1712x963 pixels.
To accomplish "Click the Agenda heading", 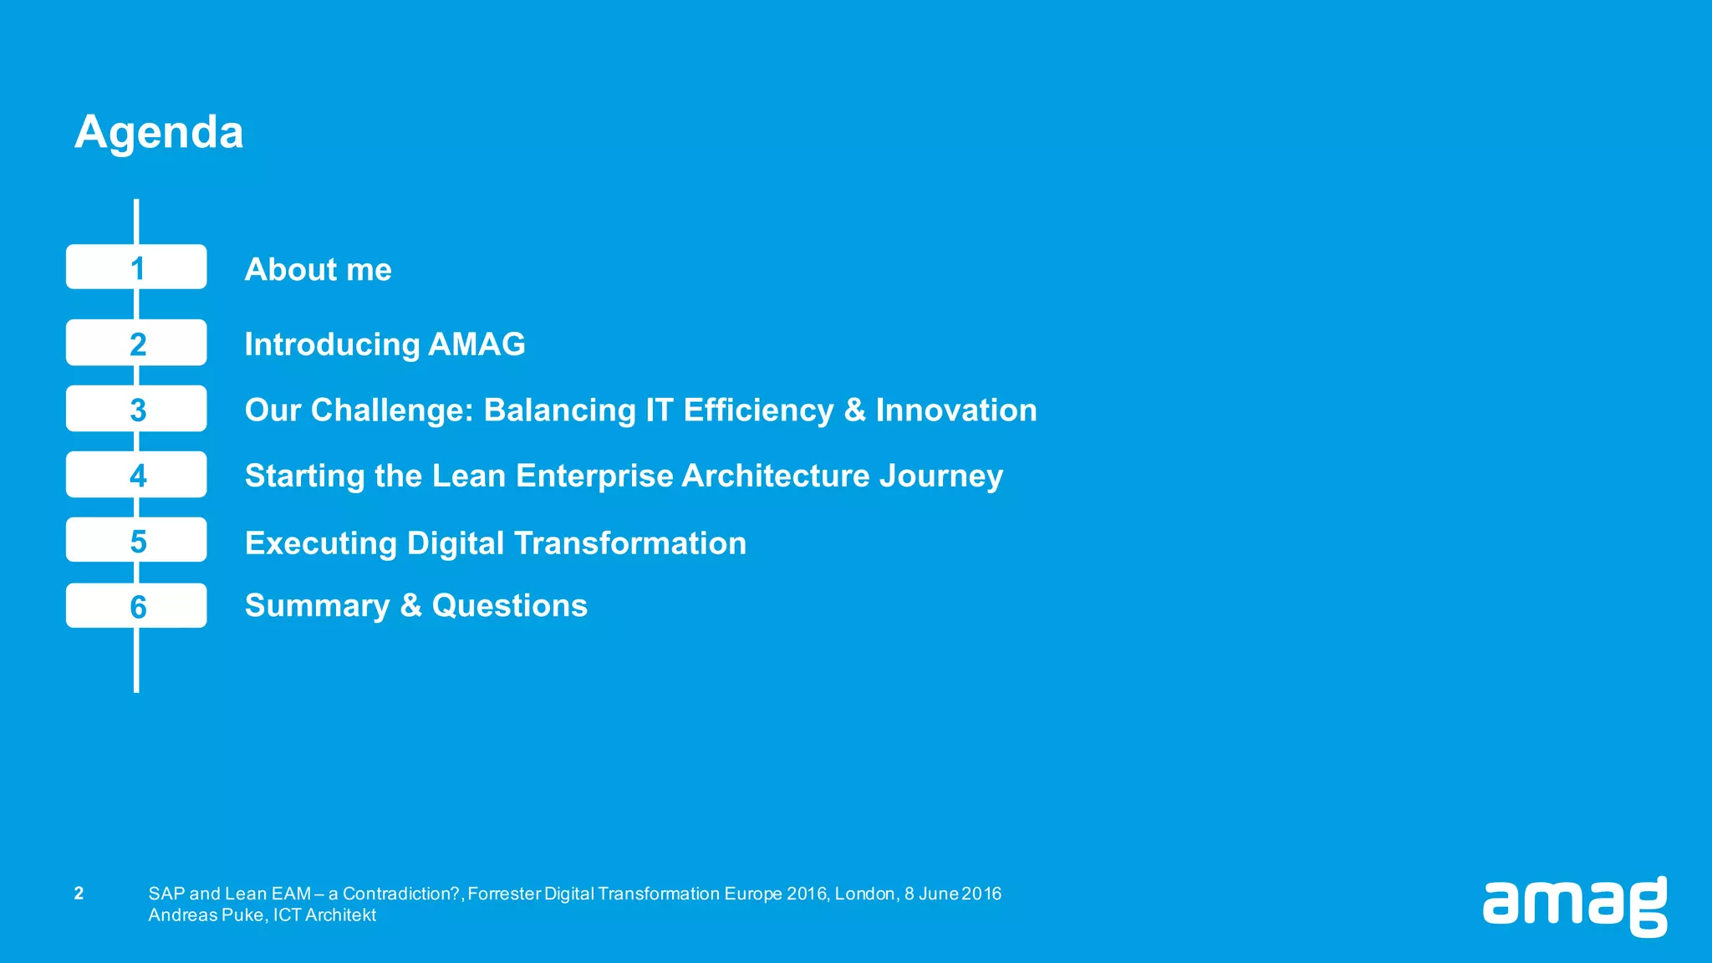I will pyautogui.click(x=159, y=132).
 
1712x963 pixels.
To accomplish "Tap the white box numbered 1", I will pyautogui.click(x=136, y=267).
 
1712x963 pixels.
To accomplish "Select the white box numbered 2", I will pyautogui.click(x=136, y=343).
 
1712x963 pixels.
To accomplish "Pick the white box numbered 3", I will pyautogui.click(x=136, y=409).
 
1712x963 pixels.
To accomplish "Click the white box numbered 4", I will pyautogui.click(x=136, y=475).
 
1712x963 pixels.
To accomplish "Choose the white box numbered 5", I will pyautogui.click(x=136, y=540).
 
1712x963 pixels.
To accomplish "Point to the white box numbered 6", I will pyautogui.click(x=136, y=606).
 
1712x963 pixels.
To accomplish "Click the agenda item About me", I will pyautogui.click(x=318, y=269).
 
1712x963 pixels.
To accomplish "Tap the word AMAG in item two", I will pyautogui.click(x=476, y=344).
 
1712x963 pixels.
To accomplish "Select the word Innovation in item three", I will pyautogui.click(x=955, y=410).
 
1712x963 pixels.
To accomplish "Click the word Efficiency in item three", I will pyautogui.click(x=758, y=410).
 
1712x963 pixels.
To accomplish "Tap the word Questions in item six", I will pyautogui.click(x=509, y=605).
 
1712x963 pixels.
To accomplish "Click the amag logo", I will pyautogui.click(x=1575, y=906).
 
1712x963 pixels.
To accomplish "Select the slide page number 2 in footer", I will pyautogui.click(x=79, y=893).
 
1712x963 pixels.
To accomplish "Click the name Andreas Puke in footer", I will pyautogui.click(x=206, y=915).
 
